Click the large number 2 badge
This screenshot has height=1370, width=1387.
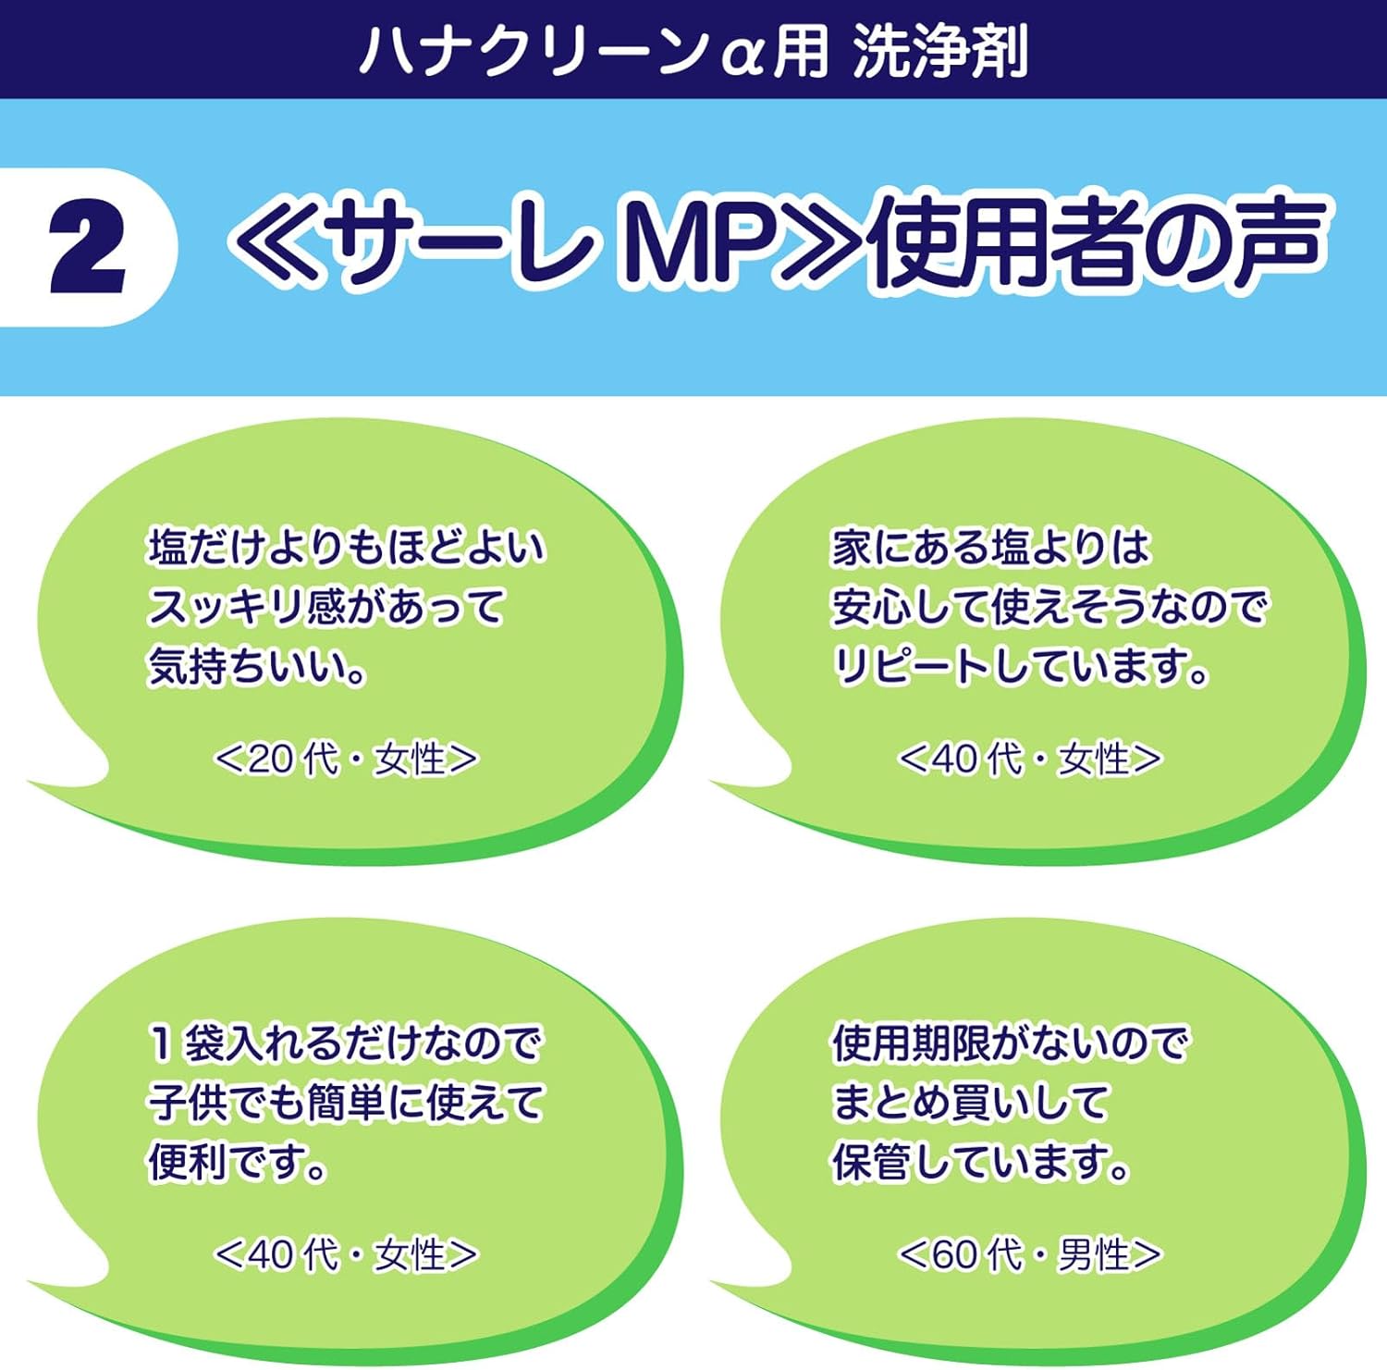(x=87, y=249)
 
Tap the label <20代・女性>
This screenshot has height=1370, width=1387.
(x=346, y=759)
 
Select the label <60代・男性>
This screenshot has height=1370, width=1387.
(x=1030, y=1255)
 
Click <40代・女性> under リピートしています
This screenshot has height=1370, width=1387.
(x=1030, y=759)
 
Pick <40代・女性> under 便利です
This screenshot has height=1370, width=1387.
(x=346, y=1255)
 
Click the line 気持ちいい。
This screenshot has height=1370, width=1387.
(x=257, y=667)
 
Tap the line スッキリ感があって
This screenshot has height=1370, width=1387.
(x=326, y=608)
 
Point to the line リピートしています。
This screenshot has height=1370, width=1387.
(x=1021, y=667)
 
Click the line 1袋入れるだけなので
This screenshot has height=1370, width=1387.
(x=344, y=1043)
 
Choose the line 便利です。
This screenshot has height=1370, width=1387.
(x=238, y=1163)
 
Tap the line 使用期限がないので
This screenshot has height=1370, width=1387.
(x=1009, y=1043)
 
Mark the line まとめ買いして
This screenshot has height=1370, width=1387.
(x=970, y=1103)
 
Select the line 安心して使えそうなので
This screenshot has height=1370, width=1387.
(x=1049, y=608)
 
